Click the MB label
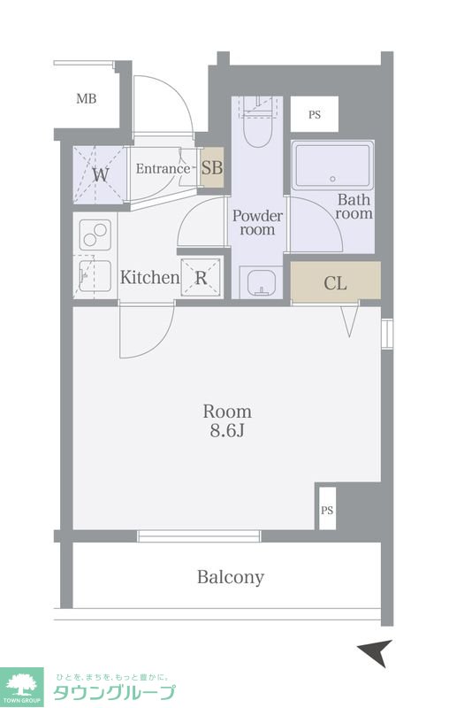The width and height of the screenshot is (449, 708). click(86, 98)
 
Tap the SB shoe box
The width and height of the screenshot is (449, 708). click(212, 168)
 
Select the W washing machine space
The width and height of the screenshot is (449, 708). click(100, 174)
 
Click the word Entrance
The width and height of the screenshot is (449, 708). click(163, 169)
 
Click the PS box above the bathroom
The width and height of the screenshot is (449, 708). click(314, 114)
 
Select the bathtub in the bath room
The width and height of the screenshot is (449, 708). click(332, 165)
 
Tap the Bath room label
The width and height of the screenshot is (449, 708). click(354, 206)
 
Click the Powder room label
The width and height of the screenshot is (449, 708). click(257, 223)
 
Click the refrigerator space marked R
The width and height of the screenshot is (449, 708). click(201, 278)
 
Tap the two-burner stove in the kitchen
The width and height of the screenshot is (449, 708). click(95, 235)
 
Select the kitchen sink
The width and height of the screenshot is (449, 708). click(95, 276)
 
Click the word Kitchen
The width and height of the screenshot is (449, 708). click(149, 277)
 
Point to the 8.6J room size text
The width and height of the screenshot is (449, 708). click(227, 431)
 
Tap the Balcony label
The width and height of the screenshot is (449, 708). click(231, 578)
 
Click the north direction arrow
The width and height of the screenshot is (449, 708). click(377, 652)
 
